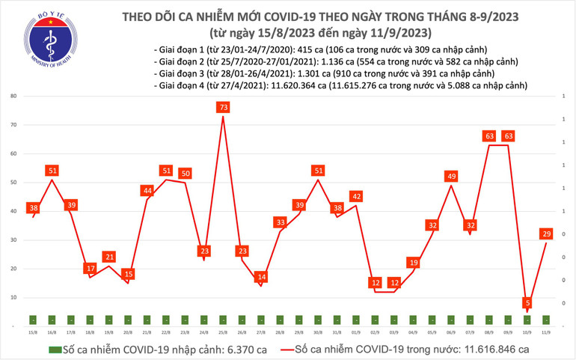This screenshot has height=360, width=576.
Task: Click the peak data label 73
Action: (223, 108)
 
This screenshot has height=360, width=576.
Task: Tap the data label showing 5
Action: (528, 303)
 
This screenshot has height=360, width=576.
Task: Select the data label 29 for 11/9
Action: (546, 234)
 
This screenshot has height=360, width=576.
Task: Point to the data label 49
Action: (451, 177)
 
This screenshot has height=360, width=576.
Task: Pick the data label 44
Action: (147, 191)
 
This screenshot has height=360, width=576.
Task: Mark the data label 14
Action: (261, 277)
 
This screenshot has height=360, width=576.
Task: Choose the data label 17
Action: (90, 269)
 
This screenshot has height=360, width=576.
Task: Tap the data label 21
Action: (109, 257)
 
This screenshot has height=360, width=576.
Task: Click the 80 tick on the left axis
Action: (13, 97)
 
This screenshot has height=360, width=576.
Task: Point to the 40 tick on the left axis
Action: (13, 212)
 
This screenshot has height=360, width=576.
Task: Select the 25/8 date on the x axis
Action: (223, 332)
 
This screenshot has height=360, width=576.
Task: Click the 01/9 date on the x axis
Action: (356, 332)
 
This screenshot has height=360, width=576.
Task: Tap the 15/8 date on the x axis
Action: (33, 332)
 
